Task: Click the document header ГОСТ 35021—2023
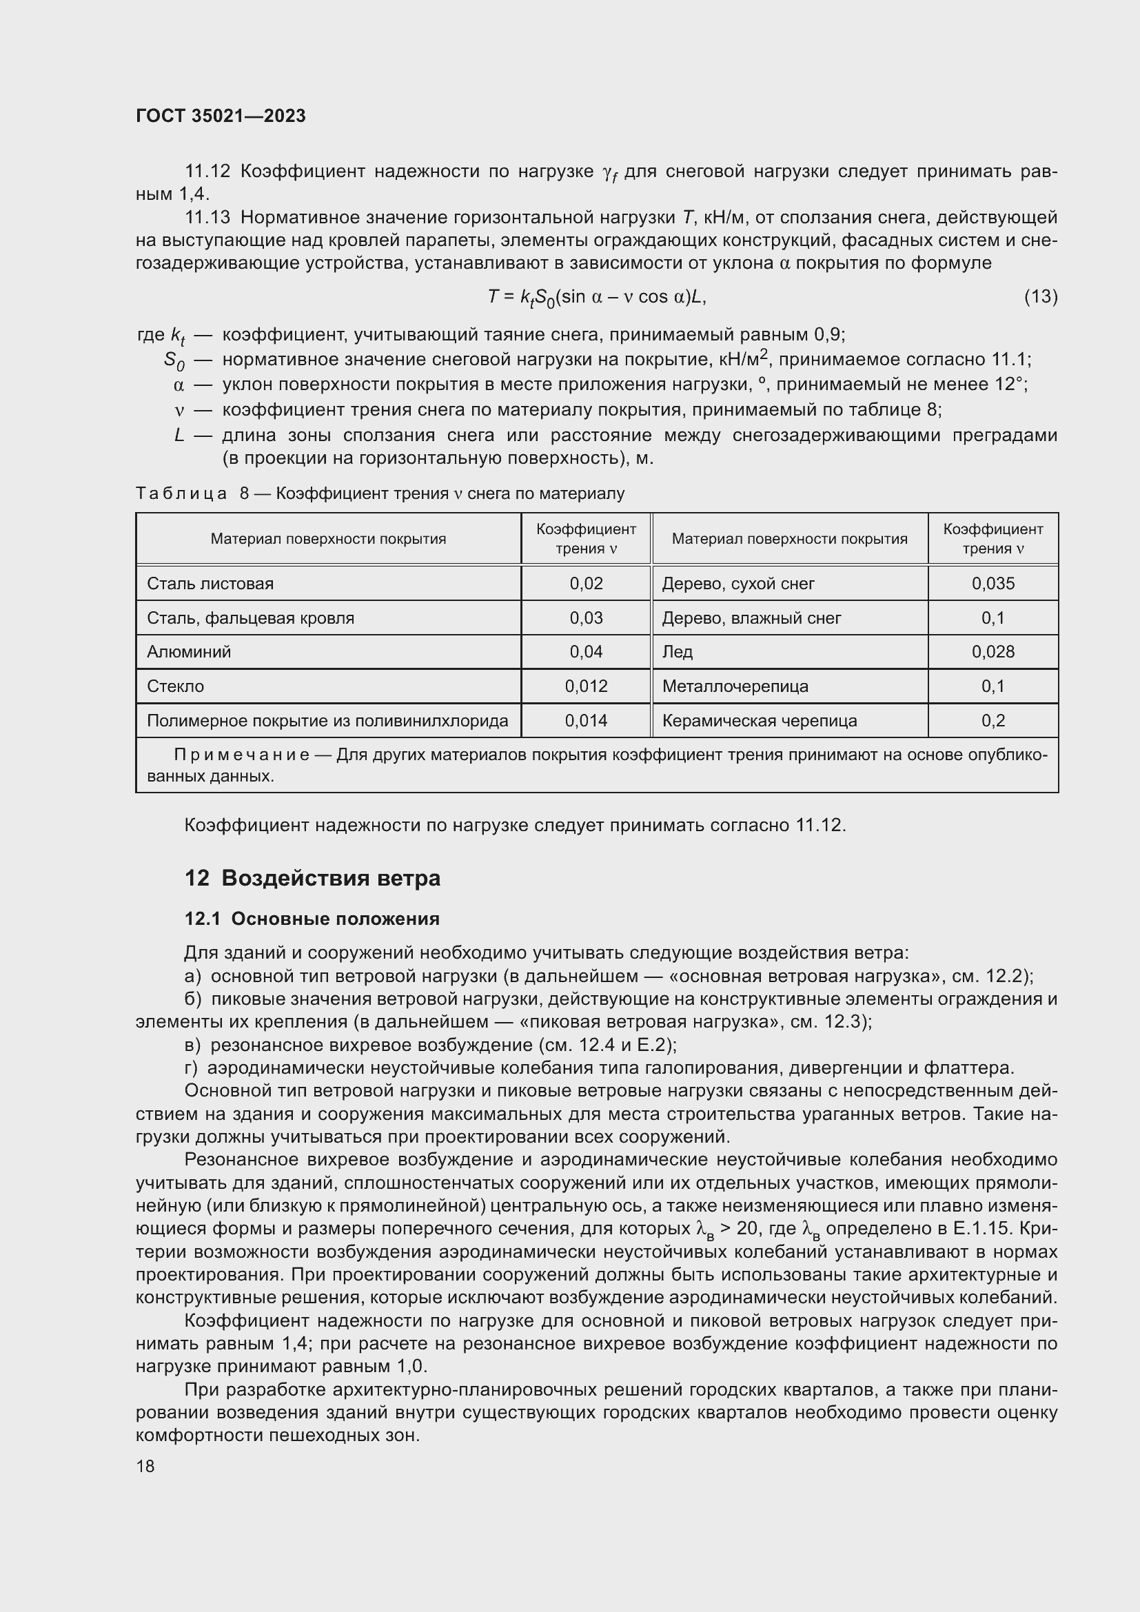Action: pos(221,116)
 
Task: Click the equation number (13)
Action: pos(1040,296)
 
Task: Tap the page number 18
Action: pos(145,1466)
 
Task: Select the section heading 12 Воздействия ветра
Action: pos(312,878)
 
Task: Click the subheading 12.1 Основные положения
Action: pos(312,919)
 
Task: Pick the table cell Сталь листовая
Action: pos(210,584)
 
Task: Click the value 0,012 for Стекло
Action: pos(586,686)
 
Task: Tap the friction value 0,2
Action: pos(993,720)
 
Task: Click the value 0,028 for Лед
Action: pos(993,651)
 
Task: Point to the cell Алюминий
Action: pos(189,651)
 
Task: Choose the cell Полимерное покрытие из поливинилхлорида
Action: pos(327,720)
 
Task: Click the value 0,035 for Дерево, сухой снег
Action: pos(993,584)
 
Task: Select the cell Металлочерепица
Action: pos(735,686)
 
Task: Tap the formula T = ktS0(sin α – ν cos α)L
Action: pos(597,297)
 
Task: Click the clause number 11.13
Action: pos(207,218)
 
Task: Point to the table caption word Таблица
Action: pos(181,493)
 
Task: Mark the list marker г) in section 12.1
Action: pos(192,1068)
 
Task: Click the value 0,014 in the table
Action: pos(586,720)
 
